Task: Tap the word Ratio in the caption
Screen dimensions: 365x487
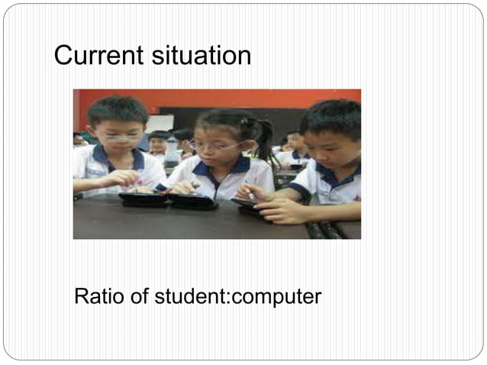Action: pyautogui.click(x=97, y=296)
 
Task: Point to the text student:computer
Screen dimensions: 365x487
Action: pyautogui.click(x=237, y=297)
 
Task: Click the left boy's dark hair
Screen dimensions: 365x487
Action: pyautogui.click(x=115, y=109)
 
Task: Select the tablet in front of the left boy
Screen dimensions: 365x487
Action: pyautogui.click(x=143, y=200)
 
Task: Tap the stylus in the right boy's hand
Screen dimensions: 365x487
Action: pyautogui.click(x=250, y=195)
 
